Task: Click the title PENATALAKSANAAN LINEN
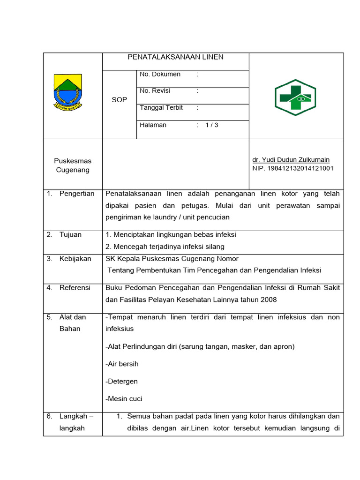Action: (175, 57)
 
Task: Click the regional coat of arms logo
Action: (67, 92)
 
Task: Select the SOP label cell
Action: (119, 100)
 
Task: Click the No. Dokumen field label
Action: (160, 74)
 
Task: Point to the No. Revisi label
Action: (155, 91)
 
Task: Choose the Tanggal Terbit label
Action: (161, 108)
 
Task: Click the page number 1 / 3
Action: (212, 125)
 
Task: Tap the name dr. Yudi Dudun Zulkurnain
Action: (291, 160)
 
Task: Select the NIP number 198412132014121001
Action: (293, 168)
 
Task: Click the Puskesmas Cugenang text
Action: (73, 165)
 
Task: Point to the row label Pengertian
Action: (76, 194)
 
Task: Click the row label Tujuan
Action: (70, 235)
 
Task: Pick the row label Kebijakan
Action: (75, 259)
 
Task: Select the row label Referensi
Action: (75, 288)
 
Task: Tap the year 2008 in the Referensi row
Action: (269, 300)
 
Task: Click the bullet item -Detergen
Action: (122, 382)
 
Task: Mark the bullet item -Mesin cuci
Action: (124, 399)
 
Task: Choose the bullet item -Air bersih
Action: (122, 364)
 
